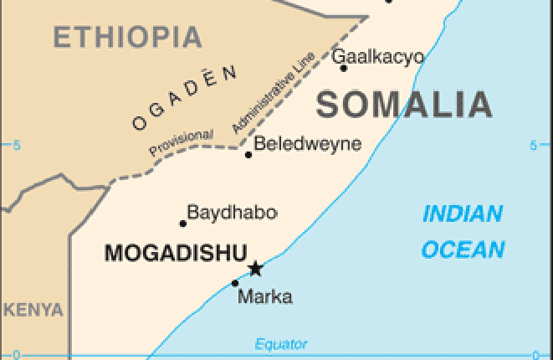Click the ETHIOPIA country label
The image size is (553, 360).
coord(127,37)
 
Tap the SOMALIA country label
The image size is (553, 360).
coord(404,105)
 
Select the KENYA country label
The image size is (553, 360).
coord(32,310)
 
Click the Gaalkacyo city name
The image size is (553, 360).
coord(378,57)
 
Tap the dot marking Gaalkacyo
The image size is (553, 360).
coord(344,68)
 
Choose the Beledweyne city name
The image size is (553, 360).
coord(307,144)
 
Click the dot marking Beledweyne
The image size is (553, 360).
coord(248,155)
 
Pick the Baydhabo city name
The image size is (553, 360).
coord(232,213)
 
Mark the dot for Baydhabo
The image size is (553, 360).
coord(183,224)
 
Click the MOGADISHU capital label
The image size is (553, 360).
coord(176,253)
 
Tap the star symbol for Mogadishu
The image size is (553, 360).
coord(255,269)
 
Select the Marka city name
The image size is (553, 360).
coord(264,296)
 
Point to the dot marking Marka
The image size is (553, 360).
coord(234,283)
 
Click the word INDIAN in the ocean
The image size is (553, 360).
coord(463,214)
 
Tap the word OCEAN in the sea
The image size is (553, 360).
coord(463,249)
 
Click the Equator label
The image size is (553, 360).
coord(280,344)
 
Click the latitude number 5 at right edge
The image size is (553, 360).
coord(533,146)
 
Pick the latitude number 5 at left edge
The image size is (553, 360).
coord(15,146)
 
